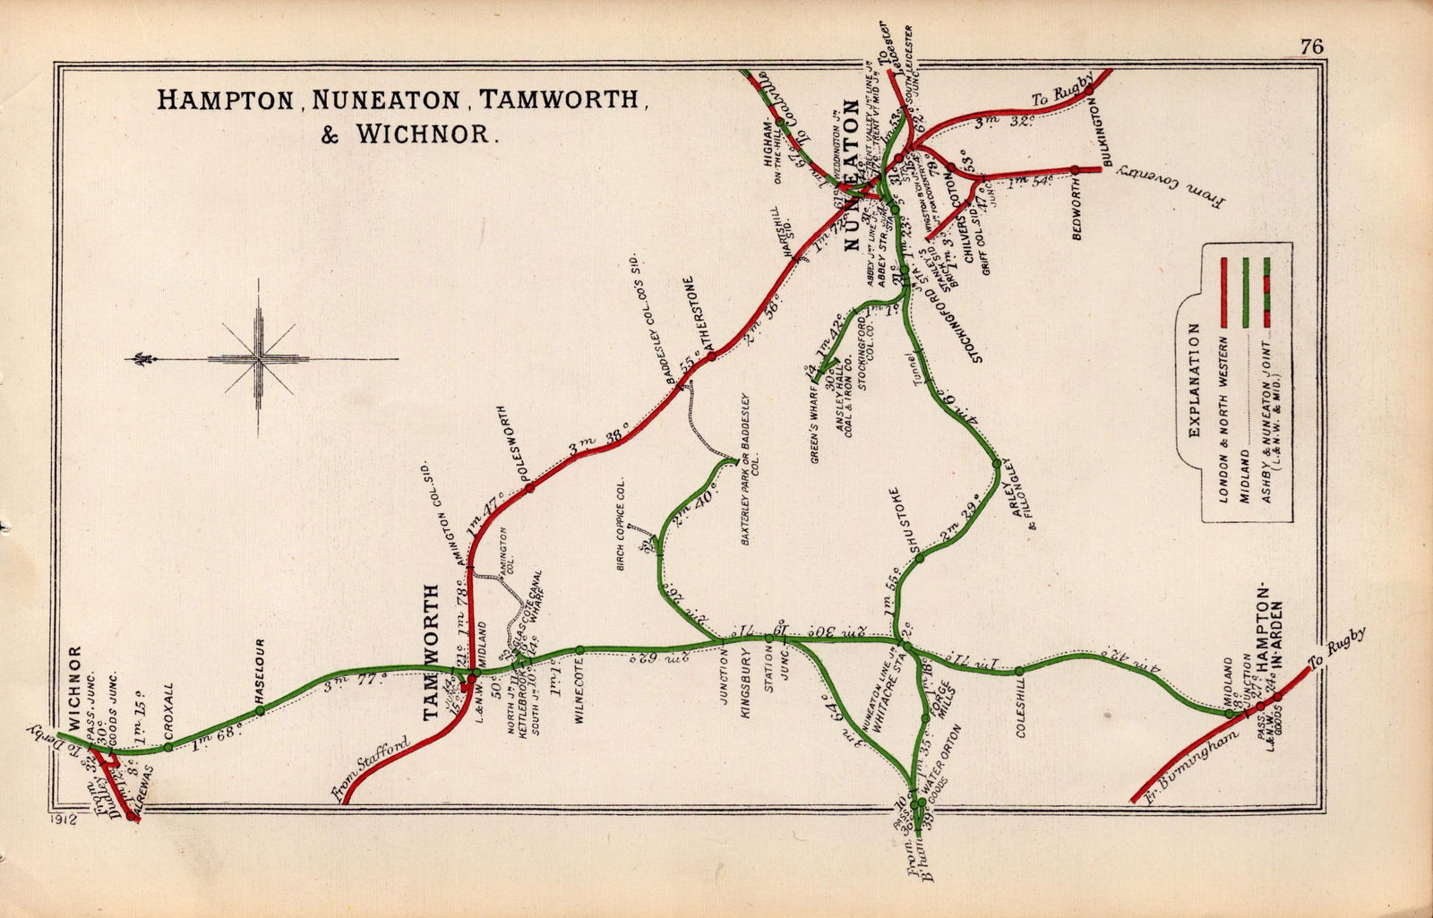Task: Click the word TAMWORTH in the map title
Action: click(x=563, y=99)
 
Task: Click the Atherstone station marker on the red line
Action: click(x=711, y=356)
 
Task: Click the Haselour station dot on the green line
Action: click(x=260, y=710)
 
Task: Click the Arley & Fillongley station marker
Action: click(x=996, y=463)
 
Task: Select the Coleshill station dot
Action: click(x=1019, y=670)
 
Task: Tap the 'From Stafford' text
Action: click(x=369, y=768)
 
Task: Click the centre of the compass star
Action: click(x=259, y=359)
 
